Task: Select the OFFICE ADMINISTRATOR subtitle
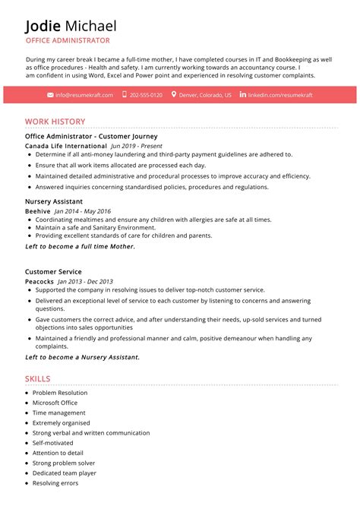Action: [67, 41]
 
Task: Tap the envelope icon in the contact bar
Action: [50, 95]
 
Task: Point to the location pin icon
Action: [174, 95]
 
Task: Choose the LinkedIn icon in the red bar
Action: [243, 95]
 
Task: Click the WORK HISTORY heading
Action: [55, 122]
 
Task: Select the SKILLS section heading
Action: [37, 378]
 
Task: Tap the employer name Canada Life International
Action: [65, 145]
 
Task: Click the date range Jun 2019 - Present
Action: [137, 145]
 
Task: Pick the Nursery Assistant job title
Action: [54, 202]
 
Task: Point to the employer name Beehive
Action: [37, 211]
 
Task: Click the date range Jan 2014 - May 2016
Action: [82, 211]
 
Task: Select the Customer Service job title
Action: [53, 272]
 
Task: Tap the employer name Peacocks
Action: [39, 281]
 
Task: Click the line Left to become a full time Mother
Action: [80, 247]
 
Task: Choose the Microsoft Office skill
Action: [55, 403]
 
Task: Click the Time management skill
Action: [58, 413]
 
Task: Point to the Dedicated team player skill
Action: [64, 473]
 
